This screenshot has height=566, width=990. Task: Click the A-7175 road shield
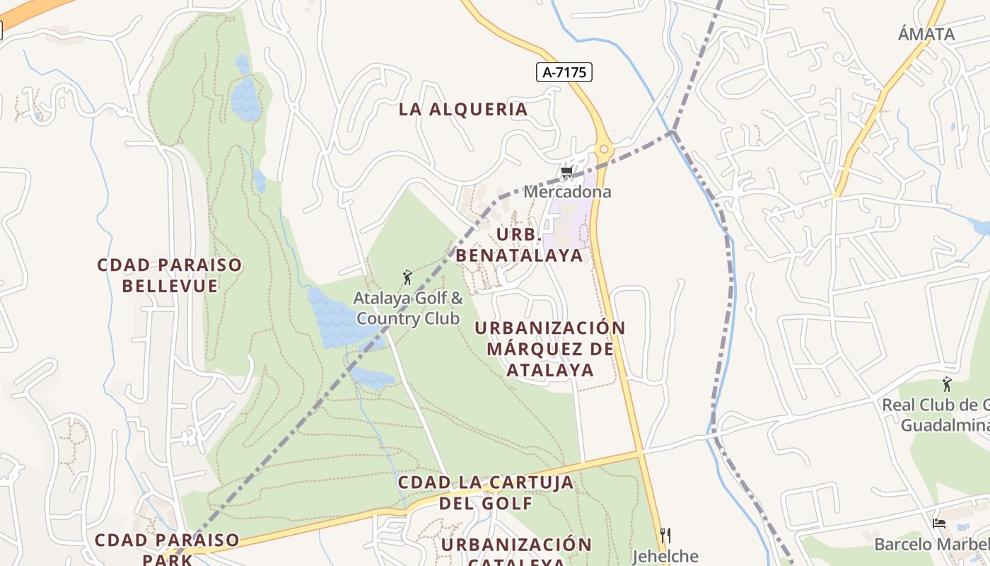(564, 71)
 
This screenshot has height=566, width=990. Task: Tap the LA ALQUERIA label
(463, 110)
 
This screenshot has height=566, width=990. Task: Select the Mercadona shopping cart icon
(566, 172)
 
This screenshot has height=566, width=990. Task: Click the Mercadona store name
(567, 192)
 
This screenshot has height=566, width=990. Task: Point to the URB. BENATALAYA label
(520, 245)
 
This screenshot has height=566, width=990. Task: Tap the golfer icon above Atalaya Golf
(407, 277)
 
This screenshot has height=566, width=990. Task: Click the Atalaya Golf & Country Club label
(408, 308)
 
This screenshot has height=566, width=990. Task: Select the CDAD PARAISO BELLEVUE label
(170, 275)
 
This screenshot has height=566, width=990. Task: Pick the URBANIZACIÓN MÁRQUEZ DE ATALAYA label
(550, 349)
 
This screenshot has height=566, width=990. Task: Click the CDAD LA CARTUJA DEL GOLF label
(486, 492)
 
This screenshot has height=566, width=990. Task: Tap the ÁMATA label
(926, 34)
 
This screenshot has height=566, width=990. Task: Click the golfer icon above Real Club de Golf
(947, 384)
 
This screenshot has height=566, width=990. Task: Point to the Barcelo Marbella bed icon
(939, 524)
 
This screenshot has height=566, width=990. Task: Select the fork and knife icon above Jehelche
(664, 535)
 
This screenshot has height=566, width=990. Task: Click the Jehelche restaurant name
(665, 556)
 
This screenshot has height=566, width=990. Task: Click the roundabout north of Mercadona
(603, 149)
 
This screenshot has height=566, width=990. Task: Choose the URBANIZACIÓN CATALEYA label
(516, 554)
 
